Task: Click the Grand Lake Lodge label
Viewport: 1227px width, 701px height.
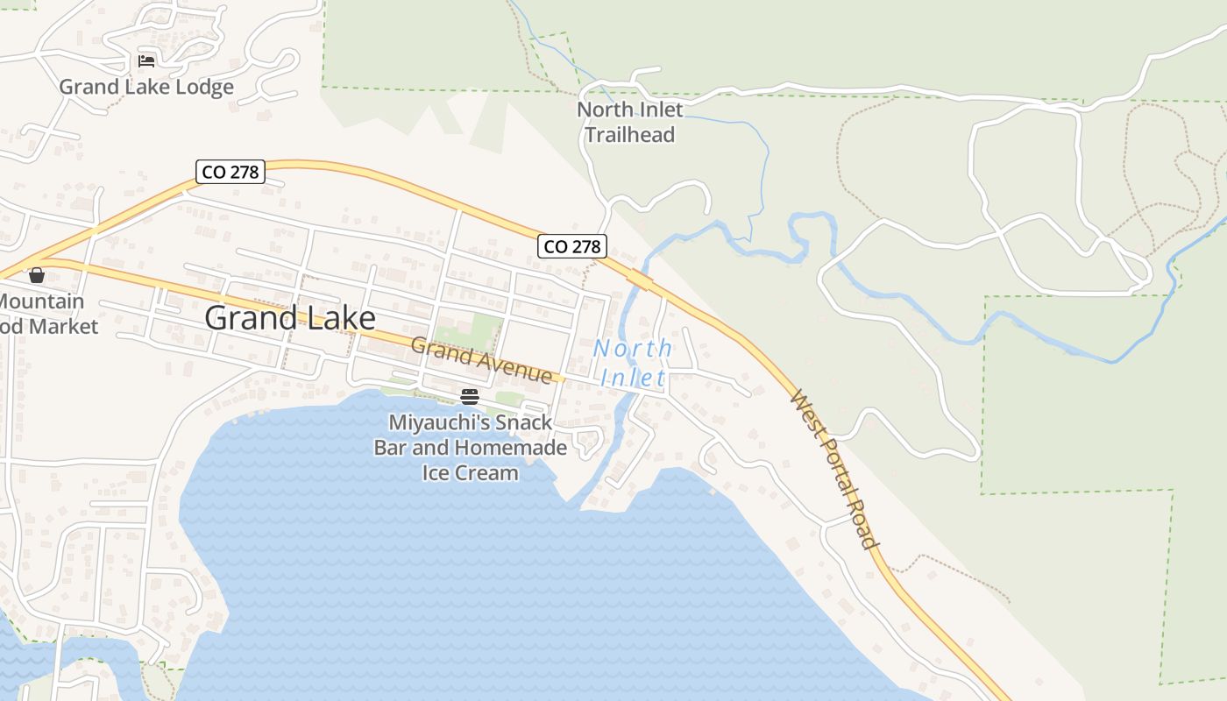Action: click(x=146, y=87)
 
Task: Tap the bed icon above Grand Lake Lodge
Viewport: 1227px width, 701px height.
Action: click(x=146, y=61)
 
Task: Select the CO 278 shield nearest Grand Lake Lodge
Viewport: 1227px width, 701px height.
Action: click(x=231, y=172)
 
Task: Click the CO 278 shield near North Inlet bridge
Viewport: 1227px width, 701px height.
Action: click(x=572, y=247)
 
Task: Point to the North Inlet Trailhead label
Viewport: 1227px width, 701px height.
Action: click(x=629, y=122)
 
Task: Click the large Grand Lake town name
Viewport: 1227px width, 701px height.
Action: click(x=290, y=318)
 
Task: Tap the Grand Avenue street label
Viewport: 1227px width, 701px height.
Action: click(x=481, y=360)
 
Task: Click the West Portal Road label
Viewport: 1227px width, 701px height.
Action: click(x=834, y=470)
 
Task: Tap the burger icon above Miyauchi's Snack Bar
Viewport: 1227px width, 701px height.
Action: click(x=470, y=397)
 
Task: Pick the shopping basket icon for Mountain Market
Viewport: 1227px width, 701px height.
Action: click(x=37, y=276)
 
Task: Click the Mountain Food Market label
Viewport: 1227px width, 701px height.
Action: click(x=44, y=314)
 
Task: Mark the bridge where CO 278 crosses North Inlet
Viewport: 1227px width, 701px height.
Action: click(x=639, y=279)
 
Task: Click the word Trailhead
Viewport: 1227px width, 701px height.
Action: click(x=629, y=135)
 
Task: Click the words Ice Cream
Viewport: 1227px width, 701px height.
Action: click(x=471, y=473)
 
